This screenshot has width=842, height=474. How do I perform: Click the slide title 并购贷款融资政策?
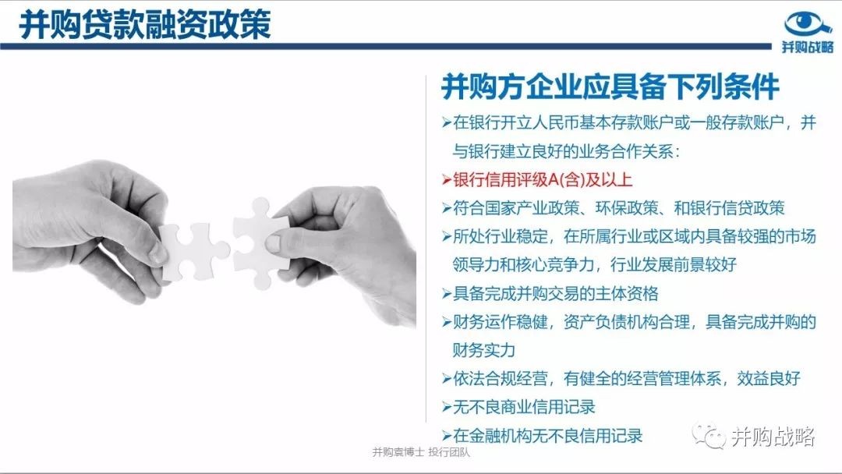pyautogui.click(x=145, y=24)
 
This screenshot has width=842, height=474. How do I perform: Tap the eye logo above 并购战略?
pyautogui.click(x=808, y=24)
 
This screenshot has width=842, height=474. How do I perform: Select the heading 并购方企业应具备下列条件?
pyautogui.click(x=610, y=87)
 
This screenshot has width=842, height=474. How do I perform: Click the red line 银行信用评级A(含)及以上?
pyautogui.click(x=543, y=179)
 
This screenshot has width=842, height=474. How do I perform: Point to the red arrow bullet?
pyautogui.click(x=447, y=180)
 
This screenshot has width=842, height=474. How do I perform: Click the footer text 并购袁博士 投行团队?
pyautogui.click(x=421, y=452)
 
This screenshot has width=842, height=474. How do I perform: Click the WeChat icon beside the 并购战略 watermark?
pyautogui.click(x=709, y=436)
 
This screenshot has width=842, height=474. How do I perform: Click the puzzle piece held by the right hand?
pyautogui.click(x=261, y=242)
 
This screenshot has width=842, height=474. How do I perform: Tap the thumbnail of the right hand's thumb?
pyautogui.click(x=273, y=244)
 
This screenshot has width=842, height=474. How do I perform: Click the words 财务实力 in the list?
pyautogui.click(x=484, y=350)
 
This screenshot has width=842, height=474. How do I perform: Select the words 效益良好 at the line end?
pyautogui.click(x=769, y=378)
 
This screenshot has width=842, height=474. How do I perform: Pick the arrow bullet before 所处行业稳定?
pyautogui.click(x=447, y=237)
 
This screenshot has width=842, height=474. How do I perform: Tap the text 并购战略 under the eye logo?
pyautogui.click(x=808, y=47)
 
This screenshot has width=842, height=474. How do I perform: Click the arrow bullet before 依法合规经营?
pyautogui.click(x=447, y=379)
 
